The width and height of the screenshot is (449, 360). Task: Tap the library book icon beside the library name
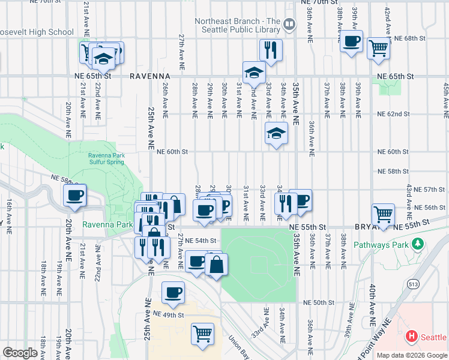[289, 25]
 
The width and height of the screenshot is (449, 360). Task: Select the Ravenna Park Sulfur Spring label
[106, 158]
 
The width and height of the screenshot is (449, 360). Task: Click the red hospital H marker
[411, 337]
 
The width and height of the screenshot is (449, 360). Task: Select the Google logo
[20, 353]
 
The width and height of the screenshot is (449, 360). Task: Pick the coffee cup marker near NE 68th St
[351, 41]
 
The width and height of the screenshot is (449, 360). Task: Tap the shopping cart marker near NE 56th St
[383, 213]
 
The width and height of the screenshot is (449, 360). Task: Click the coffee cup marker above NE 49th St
[173, 293]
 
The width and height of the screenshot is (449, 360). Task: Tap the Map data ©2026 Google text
[411, 355]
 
